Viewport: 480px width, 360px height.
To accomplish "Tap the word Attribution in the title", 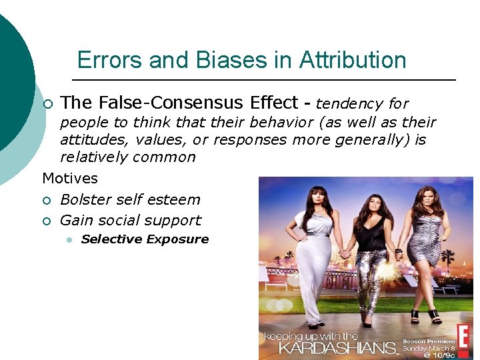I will (353, 61).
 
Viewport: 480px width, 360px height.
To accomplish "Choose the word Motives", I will (70, 179).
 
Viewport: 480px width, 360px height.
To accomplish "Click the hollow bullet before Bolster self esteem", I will (46, 200).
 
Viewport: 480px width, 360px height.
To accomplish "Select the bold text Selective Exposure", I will (145, 239).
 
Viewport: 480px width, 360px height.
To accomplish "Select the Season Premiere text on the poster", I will (425, 341).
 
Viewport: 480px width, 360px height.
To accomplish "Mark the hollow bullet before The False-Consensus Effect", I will (46, 104).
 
